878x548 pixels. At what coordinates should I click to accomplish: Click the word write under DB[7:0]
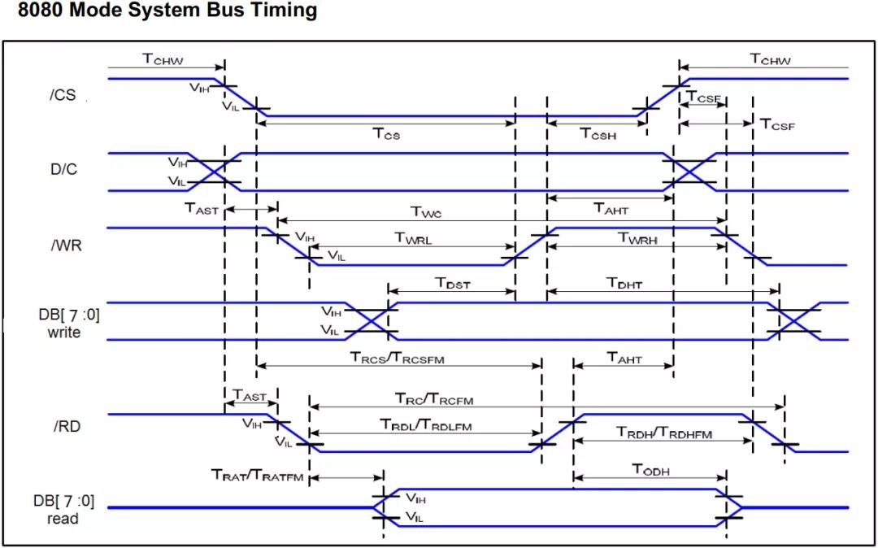pos(64,333)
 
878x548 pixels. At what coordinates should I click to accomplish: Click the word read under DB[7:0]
pos(63,519)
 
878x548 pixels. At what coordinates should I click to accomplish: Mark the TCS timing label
pos(386,133)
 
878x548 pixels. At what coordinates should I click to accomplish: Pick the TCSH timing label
pos(598,133)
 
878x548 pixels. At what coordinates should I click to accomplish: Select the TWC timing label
pos(427,211)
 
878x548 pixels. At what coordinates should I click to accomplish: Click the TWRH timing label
pos(637,238)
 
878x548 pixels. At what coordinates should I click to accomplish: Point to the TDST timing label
pos(453,283)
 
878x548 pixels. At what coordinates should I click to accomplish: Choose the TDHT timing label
pos(624,283)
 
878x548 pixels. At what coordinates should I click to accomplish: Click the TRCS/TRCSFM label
pos(398,359)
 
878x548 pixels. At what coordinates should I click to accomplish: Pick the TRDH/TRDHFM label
pos(663,432)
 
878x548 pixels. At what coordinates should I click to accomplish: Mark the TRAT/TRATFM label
pos(257,476)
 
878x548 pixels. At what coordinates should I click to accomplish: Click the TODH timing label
pos(651,471)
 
